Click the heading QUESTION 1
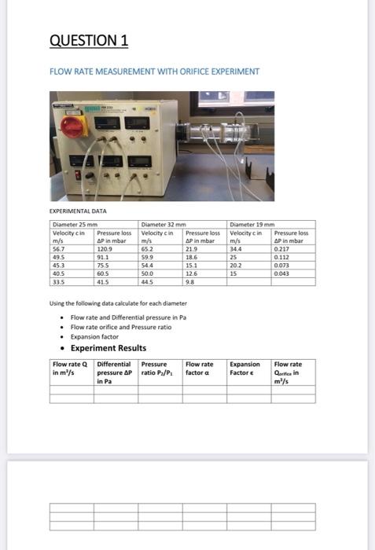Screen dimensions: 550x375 pyautogui.click(x=89, y=40)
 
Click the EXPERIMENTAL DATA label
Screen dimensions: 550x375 pyautogui.click(x=75, y=211)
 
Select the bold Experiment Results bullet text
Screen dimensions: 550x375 pyautogui.click(x=108, y=348)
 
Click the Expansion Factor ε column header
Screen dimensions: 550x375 pyautogui.click(x=245, y=368)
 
